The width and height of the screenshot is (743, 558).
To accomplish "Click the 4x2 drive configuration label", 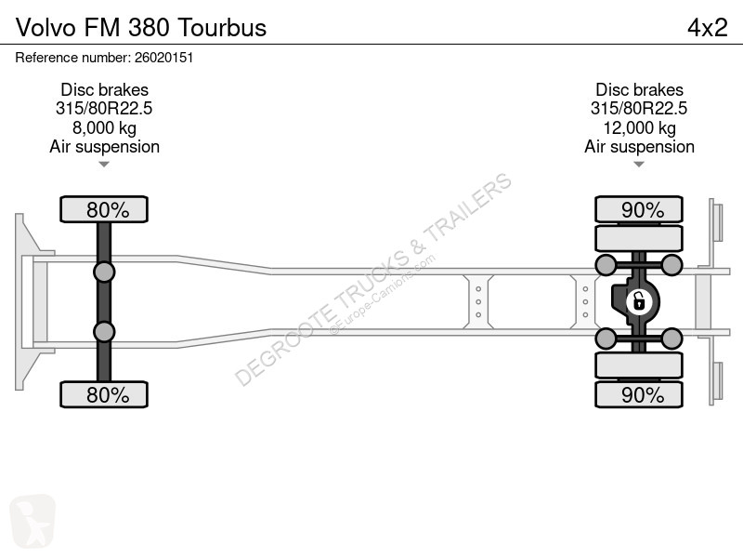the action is coord(707,28).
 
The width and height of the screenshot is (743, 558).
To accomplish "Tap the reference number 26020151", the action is coord(164,58).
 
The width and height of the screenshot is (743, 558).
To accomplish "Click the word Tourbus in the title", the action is coord(222,28).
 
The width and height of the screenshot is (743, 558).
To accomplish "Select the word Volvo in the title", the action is coord(46,28).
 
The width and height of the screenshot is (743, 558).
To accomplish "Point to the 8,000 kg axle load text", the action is coord(104,127).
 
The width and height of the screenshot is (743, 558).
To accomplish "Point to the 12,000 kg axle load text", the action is coord(639,127).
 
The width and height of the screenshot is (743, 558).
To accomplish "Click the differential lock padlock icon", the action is coord(639,301).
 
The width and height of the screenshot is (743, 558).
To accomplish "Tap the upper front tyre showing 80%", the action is coord(104,209).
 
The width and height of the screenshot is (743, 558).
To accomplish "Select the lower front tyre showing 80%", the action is coord(104,394).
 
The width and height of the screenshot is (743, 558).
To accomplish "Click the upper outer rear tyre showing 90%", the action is coord(639,209).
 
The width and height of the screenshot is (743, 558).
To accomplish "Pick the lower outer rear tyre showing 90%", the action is coord(639,394).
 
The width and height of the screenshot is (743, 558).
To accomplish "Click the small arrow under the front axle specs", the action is coord(104,165).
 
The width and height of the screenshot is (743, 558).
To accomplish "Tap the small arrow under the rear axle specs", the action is coord(639,165).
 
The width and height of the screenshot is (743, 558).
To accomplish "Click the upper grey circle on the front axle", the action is coord(104,272).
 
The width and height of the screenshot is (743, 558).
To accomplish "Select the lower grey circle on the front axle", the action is coord(104,332).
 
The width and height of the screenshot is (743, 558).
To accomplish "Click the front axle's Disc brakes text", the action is coord(104,89).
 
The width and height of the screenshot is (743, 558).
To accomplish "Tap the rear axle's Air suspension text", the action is coord(639,147).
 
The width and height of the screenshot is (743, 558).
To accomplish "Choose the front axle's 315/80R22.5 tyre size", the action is coord(104,109).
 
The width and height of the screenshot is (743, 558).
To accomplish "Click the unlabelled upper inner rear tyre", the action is coord(639,238).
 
